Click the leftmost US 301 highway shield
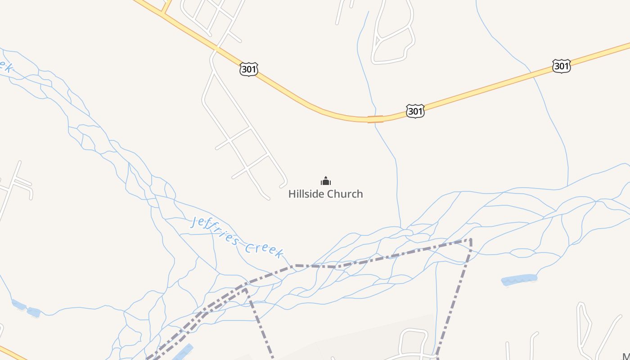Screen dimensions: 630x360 [x=249, y=69]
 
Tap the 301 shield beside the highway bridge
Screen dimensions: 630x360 [x=415, y=111]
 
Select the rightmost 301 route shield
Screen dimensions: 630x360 [x=562, y=66]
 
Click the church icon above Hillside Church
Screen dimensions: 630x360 [x=325, y=181]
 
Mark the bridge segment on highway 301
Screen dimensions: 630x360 [x=375, y=119]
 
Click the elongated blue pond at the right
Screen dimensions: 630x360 [x=519, y=280]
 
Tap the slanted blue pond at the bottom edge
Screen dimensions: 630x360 [x=183, y=352]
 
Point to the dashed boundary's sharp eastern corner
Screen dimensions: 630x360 [x=471, y=239]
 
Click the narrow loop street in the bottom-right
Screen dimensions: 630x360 [x=584, y=324]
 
